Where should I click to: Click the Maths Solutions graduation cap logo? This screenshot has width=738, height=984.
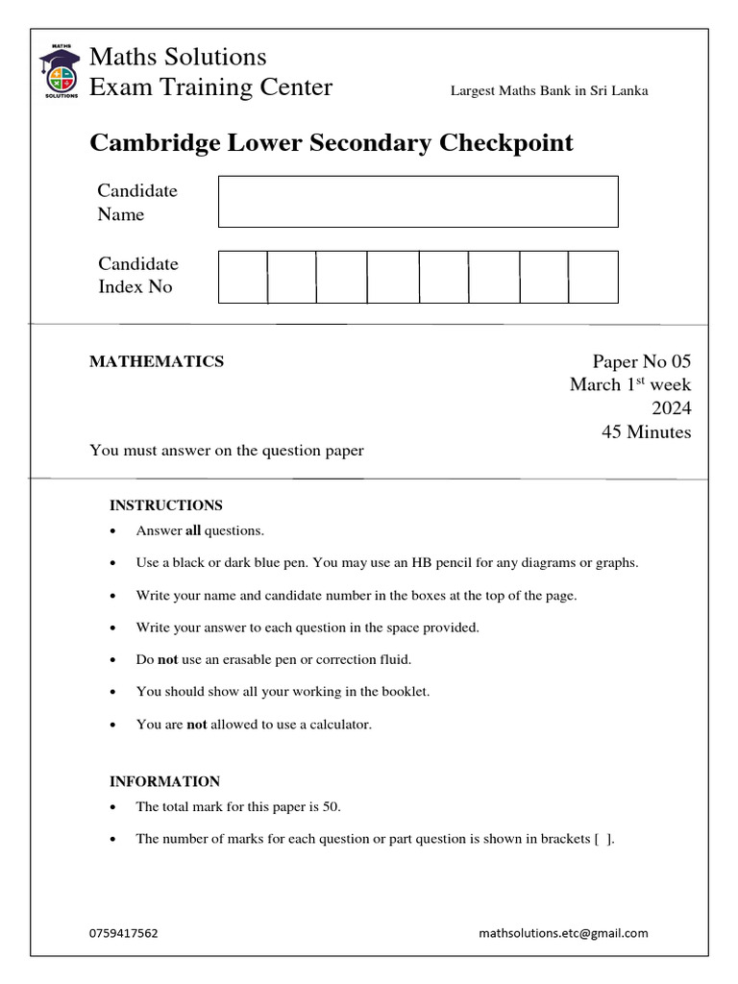coord(60,71)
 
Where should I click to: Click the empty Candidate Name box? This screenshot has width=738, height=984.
coord(418,202)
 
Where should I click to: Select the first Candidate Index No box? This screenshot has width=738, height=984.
coord(242,277)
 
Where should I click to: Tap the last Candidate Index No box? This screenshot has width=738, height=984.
coord(593,277)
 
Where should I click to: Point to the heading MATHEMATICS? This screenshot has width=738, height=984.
coord(157,361)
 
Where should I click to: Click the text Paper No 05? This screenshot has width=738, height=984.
coord(641,361)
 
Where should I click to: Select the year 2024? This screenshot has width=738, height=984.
coord(672,408)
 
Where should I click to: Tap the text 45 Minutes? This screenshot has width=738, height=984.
coord(646,432)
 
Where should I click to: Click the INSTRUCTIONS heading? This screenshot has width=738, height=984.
coord(166,504)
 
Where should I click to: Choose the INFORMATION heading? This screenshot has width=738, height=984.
coord(164,781)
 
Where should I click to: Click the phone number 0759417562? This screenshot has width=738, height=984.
coord(123,932)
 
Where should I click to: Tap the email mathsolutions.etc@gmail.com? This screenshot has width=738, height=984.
coord(563,932)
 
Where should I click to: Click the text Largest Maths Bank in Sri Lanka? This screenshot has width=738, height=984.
coord(550,91)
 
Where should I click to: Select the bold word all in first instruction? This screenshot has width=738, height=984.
coord(192,530)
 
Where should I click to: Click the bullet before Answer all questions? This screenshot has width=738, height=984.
coord(114,531)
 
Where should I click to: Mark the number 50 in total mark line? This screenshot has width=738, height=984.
coord(331,807)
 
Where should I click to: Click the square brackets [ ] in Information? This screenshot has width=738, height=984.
coord(603,839)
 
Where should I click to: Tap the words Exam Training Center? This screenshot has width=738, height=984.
coord(210,87)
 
